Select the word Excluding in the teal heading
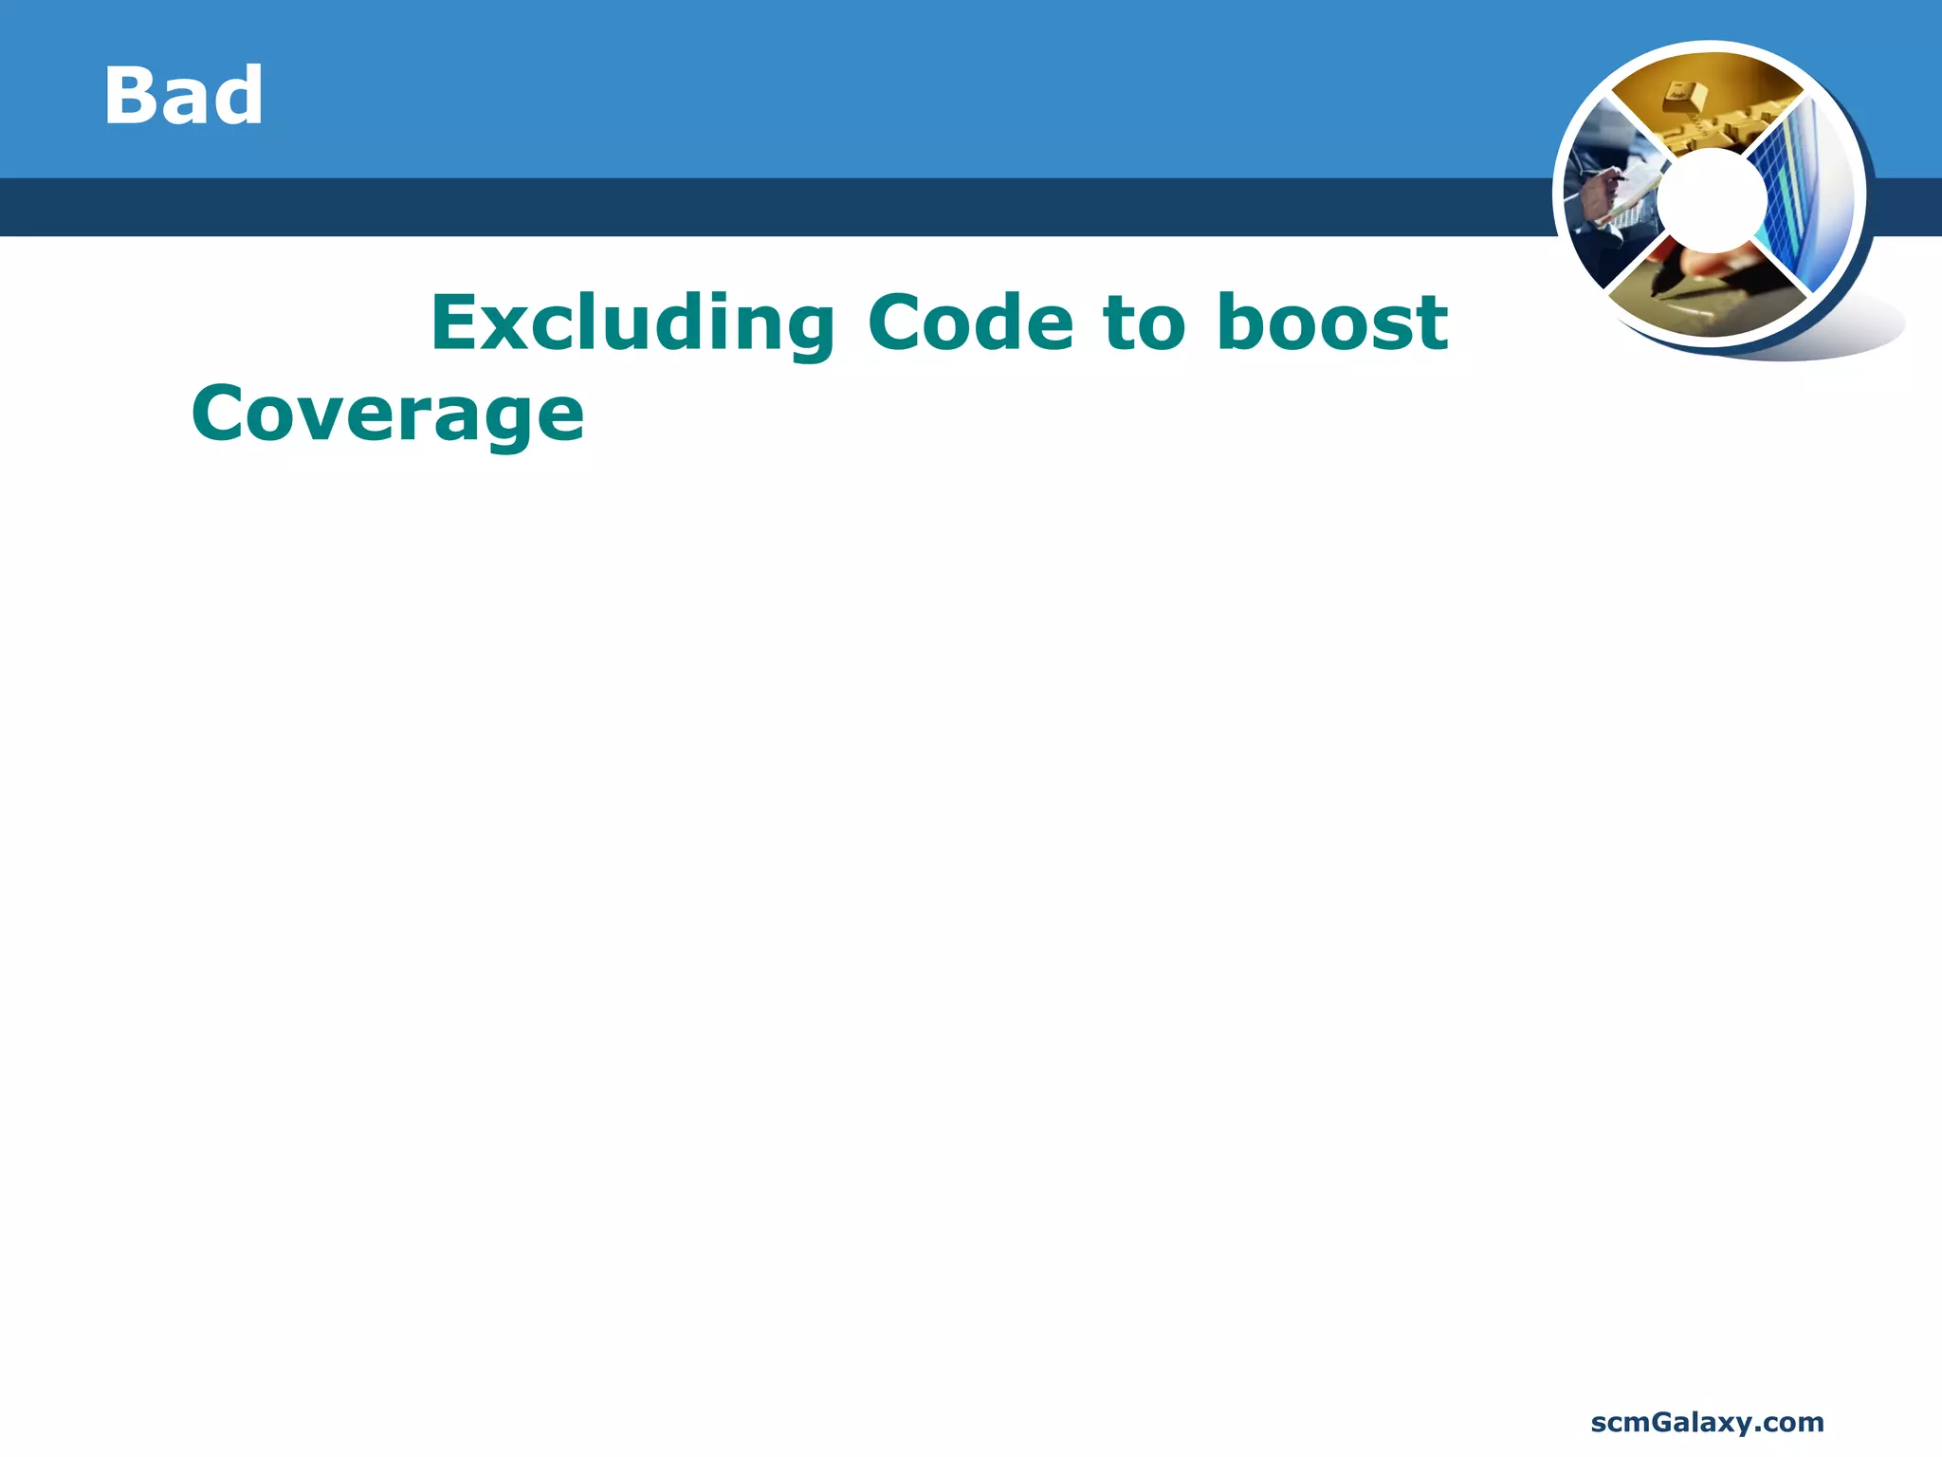[x=632, y=323]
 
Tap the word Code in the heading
[x=970, y=323]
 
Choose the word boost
[x=1331, y=323]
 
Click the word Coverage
[x=388, y=415]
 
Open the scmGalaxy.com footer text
[x=1707, y=1422]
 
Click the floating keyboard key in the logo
[x=1684, y=97]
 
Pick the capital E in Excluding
[x=455, y=323]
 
